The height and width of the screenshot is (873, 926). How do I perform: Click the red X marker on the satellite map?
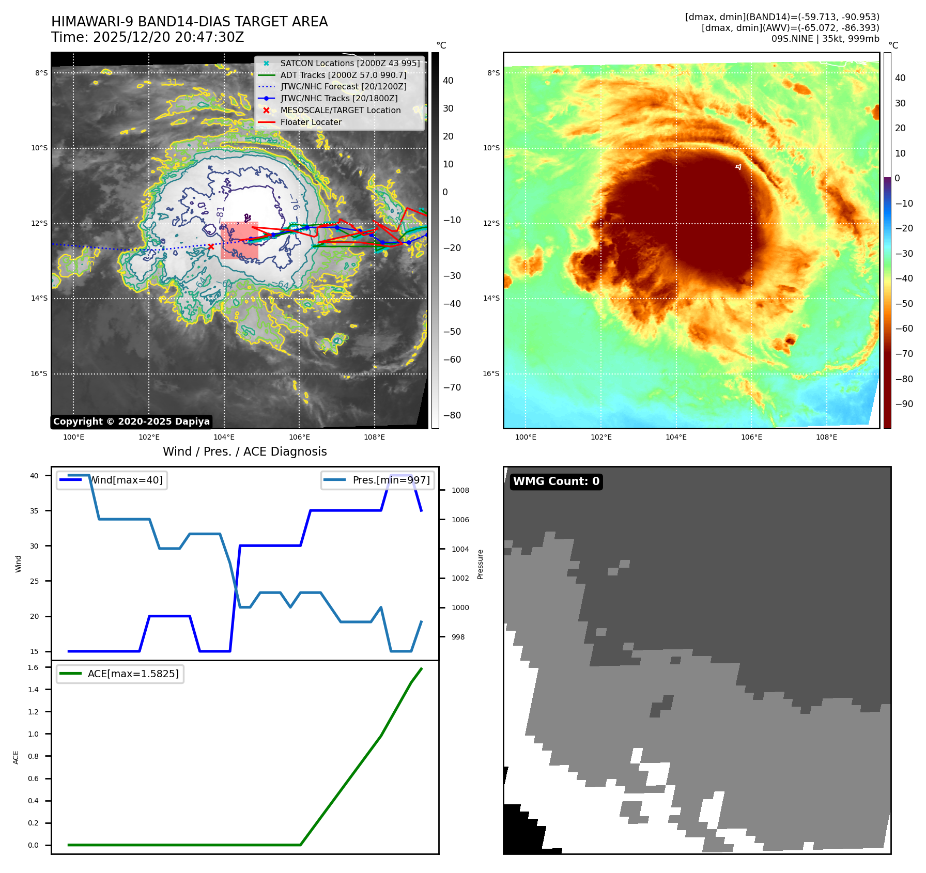pyautogui.click(x=211, y=247)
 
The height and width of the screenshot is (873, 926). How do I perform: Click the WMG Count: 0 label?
pyautogui.click(x=556, y=481)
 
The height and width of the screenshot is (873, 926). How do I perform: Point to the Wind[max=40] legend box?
pyautogui.click(x=112, y=480)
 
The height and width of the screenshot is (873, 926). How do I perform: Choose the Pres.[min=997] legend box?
pyautogui.click(x=377, y=480)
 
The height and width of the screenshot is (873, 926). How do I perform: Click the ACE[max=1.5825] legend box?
pyautogui.click(x=120, y=674)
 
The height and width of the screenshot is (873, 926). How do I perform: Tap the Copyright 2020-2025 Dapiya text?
pyautogui.click(x=131, y=422)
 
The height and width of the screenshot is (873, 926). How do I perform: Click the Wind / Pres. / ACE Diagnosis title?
pyautogui.click(x=244, y=451)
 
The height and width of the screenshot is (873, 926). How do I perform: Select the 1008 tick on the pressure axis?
pyautogui.click(x=460, y=490)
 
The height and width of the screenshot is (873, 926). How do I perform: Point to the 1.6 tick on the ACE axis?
pyautogui.click(x=33, y=667)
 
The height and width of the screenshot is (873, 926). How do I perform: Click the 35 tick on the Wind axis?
pyautogui.click(x=34, y=511)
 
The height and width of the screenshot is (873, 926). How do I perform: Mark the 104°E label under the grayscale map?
pyautogui.click(x=224, y=437)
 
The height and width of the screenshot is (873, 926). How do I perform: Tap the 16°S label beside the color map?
pyautogui.click(x=491, y=373)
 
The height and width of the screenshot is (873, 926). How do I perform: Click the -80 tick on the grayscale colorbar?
pyautogui.click(x=452, y=415)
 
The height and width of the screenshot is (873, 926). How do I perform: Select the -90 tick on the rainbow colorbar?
pyautogui.click(x=904, y=404)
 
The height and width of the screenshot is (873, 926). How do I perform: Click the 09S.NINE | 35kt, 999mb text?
pyautogui.click(x=825, y=39)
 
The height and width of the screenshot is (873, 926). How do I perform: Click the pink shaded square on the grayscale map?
pyautogui.click(x=239, y=241)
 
